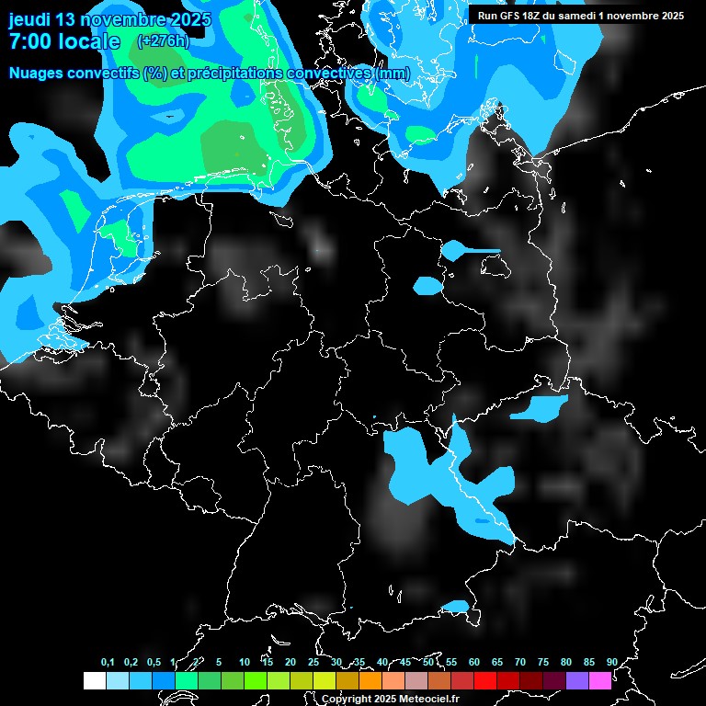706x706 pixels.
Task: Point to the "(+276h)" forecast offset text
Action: point(163,41)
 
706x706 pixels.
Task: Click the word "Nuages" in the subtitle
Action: point(37,74)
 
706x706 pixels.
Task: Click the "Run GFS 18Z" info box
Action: point(579,16)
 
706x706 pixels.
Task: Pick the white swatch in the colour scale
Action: point(95,681)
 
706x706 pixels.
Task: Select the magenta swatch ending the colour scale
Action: point(600,681)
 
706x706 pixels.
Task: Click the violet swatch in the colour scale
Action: point(577,681)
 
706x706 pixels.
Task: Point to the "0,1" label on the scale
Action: point(108,663)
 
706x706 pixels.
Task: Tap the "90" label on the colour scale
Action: point(612,663)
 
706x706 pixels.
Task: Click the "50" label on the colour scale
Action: point(428,663)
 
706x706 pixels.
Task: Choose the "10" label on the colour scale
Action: point(245,663)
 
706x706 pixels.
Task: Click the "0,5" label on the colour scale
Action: point(154,663)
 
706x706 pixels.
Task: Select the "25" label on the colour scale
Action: point(313,663)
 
